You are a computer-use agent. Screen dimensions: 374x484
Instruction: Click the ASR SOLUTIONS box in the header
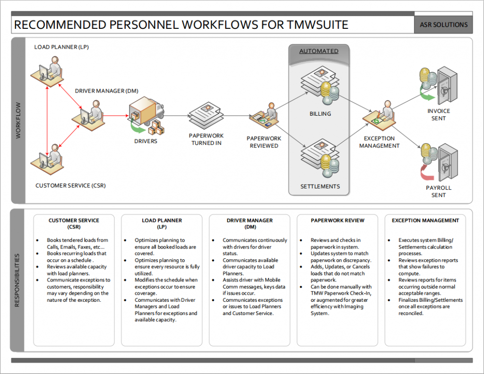pyautogui.click(x=444, y=25)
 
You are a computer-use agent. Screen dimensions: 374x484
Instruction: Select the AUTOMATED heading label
pyautogui.click(x=319, y=51)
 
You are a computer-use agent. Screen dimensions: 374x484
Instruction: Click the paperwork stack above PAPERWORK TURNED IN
pyautogui.click(x=207, y=115)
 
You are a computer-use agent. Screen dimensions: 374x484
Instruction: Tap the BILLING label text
pyautogui.click(x=320, y=114)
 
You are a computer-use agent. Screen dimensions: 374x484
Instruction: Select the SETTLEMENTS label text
pyautogui.click(x=320, y=187)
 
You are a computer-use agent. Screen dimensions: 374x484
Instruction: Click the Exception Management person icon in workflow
pyautogui.click(x=380, y=116)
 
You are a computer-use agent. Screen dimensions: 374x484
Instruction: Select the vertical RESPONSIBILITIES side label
pyautogui.click(x=17, y=280)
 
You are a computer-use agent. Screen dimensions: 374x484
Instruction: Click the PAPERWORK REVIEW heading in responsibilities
pyautogui.click(x=337, y=221)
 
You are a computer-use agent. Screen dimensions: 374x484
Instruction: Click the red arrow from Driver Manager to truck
pyautogui.click(x=116, y=115)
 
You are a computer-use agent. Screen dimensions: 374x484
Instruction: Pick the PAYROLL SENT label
pyautogui.click(x=438, y=191)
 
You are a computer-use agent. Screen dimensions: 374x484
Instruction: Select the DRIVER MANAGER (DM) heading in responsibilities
pyautogui.click(x=250, y=223)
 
